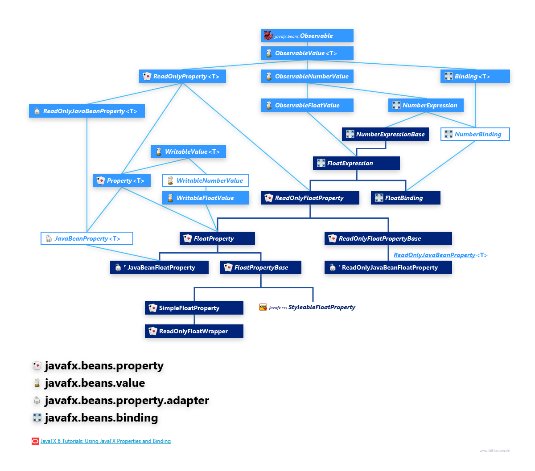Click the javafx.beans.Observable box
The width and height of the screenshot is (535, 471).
(x=307, y=36)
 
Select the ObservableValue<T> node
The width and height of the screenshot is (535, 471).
(x=307, y=53)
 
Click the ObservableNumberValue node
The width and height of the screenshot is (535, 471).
(x=307, y=77)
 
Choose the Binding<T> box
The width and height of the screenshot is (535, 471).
(x=475, y=77)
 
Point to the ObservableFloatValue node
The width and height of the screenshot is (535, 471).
(x=307, y=106)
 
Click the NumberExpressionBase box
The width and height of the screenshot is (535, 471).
(x=386, y=134)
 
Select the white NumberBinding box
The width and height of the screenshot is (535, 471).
(x=475, y=134)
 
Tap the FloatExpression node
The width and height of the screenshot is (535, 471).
(x=356, y=163)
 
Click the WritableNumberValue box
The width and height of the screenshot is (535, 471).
(x=206, y=180)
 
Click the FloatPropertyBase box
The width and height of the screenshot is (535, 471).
(x=260, y=267)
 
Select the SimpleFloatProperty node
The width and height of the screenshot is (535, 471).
(x=194, y=308)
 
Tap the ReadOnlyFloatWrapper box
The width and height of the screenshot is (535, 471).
(x=194, y=331)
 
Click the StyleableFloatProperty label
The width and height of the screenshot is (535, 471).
(x=321, y=307)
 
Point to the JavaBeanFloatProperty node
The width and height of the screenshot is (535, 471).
(x=160, y=267)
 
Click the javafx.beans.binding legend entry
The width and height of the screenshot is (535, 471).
(x=101, y=418)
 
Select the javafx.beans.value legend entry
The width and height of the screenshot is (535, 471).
(x=95, y=383)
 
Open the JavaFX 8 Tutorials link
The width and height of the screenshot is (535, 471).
(x=105, y=441)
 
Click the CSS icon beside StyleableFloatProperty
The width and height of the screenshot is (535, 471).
(x=263, y=307)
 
